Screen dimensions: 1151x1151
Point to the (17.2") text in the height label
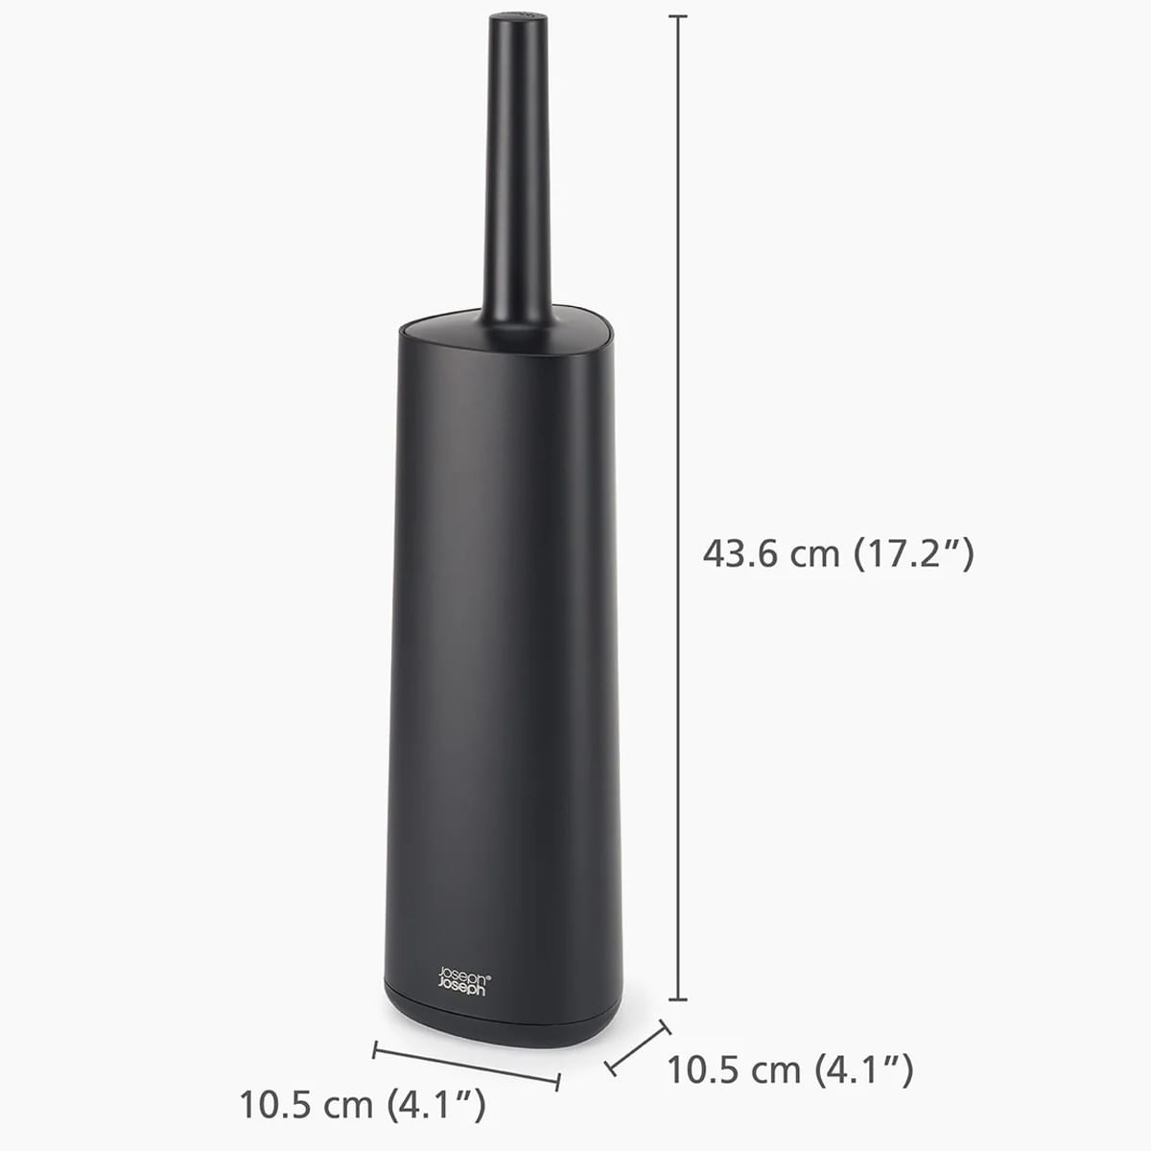[x=913, y=553]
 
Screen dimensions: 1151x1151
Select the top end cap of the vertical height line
[x=678, y=17]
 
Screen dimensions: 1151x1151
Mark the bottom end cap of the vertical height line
[x=678, y=999]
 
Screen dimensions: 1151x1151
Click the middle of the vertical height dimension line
[x=678, y=508]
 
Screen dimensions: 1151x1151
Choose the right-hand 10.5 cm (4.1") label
[x=788, y=1069]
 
